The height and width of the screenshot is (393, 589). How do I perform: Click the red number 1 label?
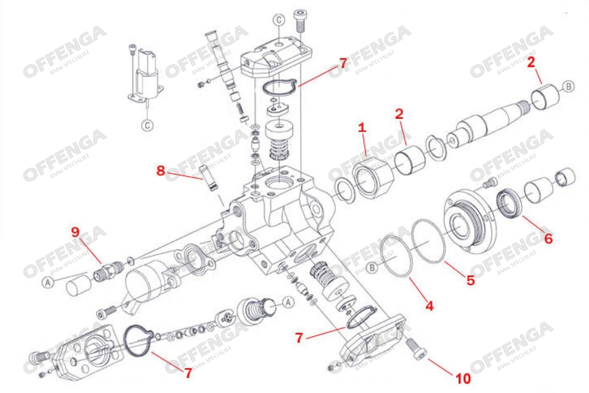(361, 128)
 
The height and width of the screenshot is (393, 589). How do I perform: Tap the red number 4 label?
(429, 305)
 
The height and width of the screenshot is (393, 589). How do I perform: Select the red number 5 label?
(471, 280)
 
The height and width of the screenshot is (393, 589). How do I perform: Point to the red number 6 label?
(548, 239)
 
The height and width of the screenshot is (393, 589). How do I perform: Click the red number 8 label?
(161, 171)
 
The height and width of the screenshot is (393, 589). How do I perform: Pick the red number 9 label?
(75, 232)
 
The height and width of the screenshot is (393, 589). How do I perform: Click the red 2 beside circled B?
(531, 62)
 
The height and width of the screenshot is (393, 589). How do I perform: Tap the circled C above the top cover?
(279, 20)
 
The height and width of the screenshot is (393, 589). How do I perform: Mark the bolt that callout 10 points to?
(416, 349)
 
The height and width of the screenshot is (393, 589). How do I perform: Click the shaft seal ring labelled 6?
(509, 203)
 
